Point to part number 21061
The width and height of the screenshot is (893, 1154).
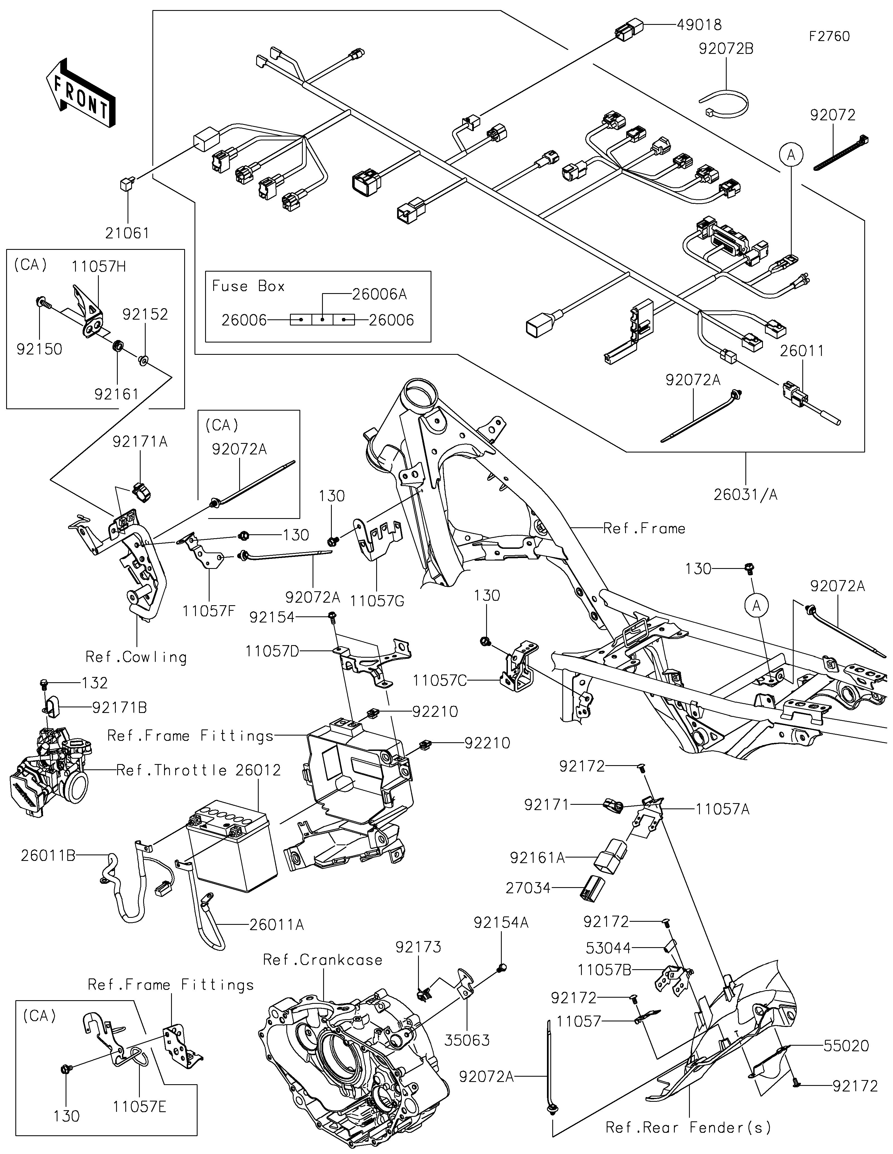click(x=127, y=233)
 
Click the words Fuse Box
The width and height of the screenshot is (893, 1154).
click(x=248, y=286)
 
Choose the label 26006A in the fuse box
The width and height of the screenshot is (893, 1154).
click(x=380, y=294)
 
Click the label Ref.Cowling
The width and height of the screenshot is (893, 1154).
click(x=136, y=657)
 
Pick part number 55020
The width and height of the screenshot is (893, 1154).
click(x=846, y=1046)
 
